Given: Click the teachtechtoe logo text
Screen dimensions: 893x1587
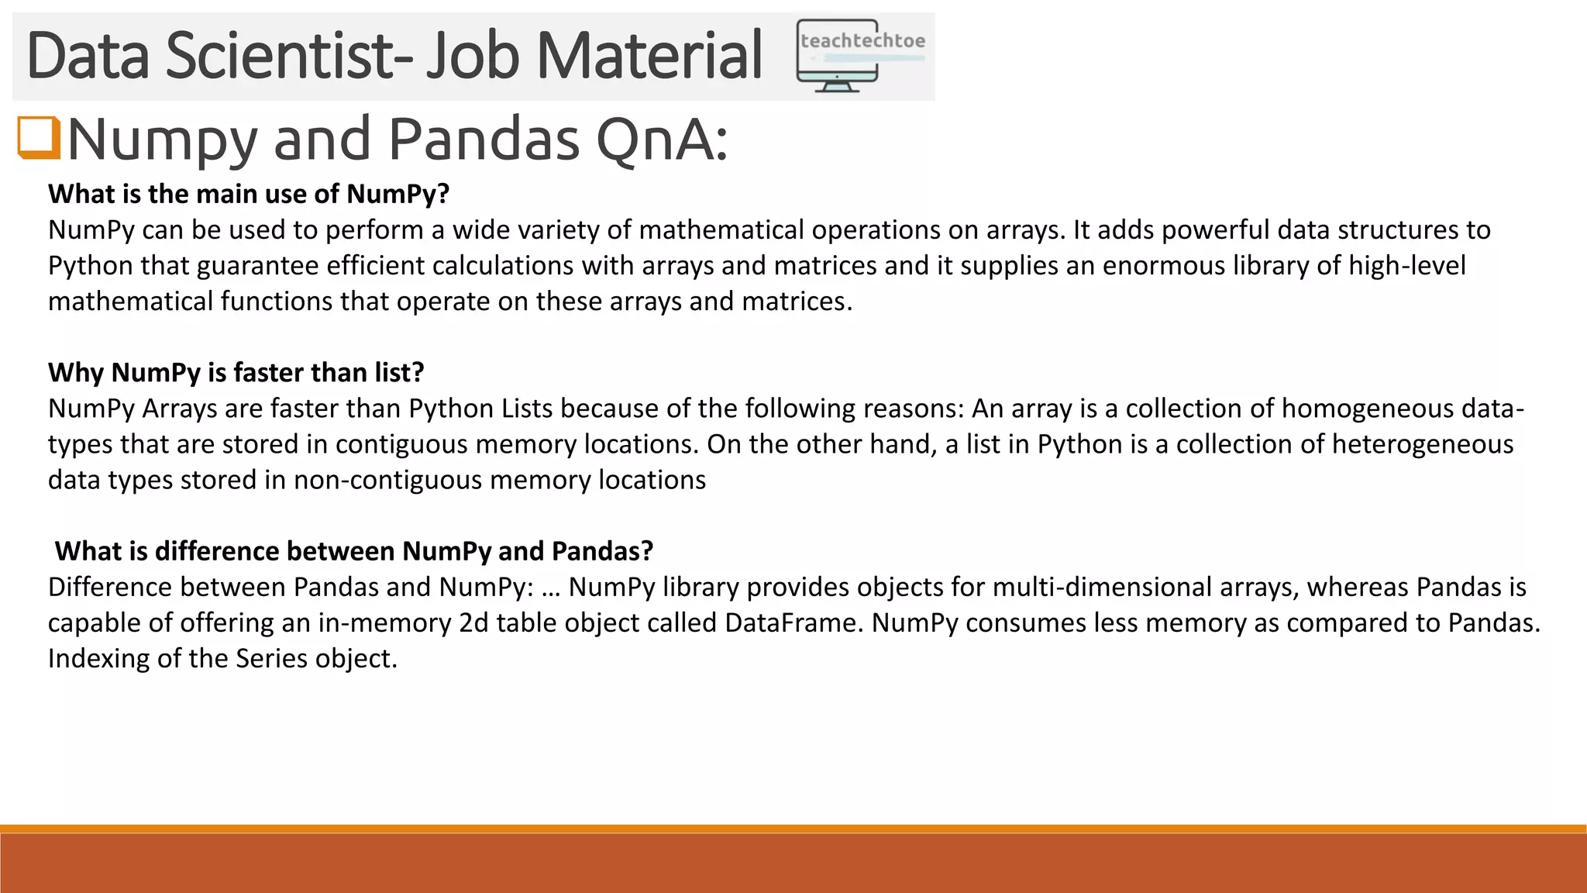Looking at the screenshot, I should coord(862,40).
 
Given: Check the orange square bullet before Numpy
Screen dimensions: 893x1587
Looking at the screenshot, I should coord(38,137).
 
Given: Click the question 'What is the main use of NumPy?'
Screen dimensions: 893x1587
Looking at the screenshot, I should coord(249,194).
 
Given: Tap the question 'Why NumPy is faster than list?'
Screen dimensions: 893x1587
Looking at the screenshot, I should coord(236,373).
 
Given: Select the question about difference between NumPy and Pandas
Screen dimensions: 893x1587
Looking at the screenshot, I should coord(354,551).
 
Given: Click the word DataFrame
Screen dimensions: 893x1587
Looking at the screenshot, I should coord(793,622).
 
